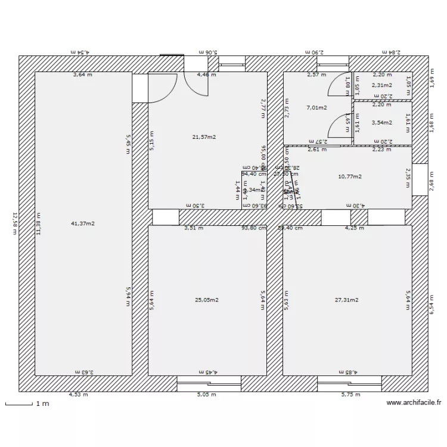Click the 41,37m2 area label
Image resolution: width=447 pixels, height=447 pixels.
[83, 223]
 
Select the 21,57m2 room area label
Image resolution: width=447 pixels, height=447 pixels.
[204, 137]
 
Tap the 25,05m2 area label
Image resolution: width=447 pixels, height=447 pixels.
[207, 300]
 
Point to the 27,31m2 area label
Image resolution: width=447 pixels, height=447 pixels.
[346, 300]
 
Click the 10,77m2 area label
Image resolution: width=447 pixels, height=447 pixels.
[350, 176]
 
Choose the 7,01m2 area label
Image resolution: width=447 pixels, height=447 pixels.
[316, 108]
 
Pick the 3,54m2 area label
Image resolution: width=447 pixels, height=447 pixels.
[382, 123]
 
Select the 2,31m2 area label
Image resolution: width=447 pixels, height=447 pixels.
[382, 85]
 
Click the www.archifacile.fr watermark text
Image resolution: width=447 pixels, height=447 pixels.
[414, 403]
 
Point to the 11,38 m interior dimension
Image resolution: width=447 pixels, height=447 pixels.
[39, 223]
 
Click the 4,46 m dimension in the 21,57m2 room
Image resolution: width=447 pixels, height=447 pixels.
[207, 75]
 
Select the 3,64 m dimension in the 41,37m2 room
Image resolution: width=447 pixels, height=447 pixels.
[83, 75]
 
